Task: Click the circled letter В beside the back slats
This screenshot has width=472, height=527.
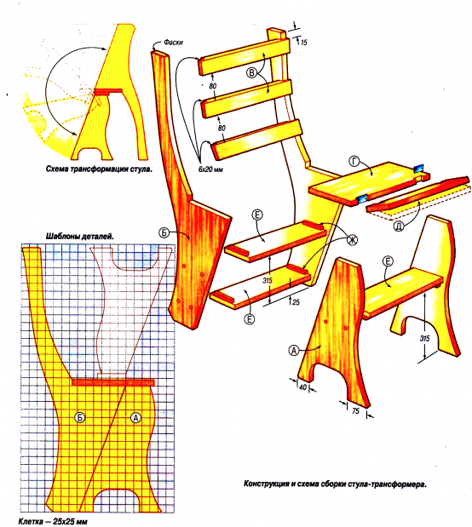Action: (251, 72)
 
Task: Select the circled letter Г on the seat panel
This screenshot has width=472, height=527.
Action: (354, 162)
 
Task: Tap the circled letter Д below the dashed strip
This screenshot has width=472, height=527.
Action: (399, 226)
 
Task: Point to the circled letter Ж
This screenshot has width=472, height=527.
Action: (352, 240)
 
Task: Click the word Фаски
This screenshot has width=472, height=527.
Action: (173, 43)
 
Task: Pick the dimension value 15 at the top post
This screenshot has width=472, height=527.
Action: (303, 43)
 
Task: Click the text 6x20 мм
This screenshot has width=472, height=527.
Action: (210, 169)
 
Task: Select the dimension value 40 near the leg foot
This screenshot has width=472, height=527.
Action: (302, 387)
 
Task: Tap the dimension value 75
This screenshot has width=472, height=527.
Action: (355, 410)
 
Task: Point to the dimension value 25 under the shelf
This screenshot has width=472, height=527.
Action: (296, 302)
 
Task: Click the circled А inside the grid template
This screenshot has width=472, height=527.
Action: (135, 417)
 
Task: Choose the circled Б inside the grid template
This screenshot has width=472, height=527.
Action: (80, 417)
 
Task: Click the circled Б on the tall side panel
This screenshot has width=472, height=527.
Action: (164, 232)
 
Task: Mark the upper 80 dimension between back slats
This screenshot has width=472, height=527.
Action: (213, 86)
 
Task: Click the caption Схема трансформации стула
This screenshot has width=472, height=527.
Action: (99, 169)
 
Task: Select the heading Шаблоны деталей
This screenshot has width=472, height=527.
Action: (80, 237)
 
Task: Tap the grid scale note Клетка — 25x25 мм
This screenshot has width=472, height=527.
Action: (53, 521)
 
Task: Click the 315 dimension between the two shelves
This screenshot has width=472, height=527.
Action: (268, 280)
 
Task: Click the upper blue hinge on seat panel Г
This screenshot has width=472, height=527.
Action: (419, 168)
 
